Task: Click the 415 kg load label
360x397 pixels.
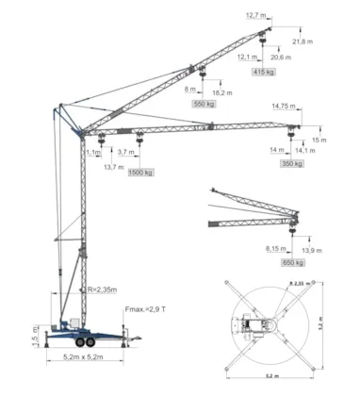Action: [x=264, y=72]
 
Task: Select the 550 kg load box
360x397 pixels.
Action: [x=205, y=104]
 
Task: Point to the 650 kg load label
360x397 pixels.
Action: [x=294, y=262]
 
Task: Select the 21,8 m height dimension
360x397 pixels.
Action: [x=303, y=42]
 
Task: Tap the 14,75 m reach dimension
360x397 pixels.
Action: [x=284, y=106]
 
